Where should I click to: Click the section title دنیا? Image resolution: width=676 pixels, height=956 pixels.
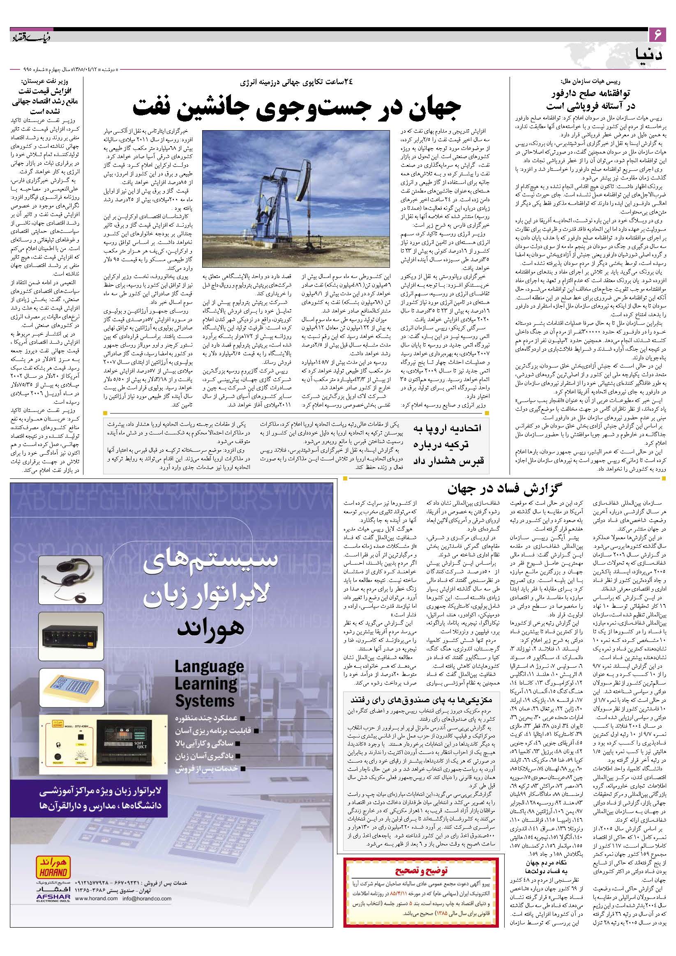click(652, 54)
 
